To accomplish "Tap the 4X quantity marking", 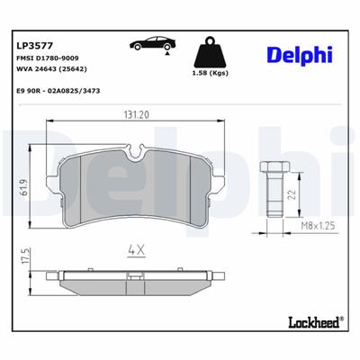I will click(x=135, y=248).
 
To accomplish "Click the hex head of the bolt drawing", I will click(x=275, y=168).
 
